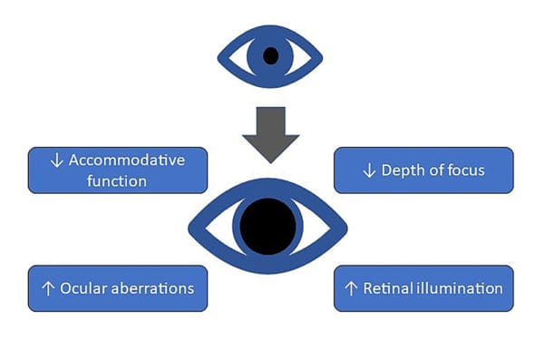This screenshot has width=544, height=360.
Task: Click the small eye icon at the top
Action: point(269,56)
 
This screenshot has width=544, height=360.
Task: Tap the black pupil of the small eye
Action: point(269,56)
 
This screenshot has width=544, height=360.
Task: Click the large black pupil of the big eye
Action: point(267,223)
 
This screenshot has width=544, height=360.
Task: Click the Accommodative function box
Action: point(118,170)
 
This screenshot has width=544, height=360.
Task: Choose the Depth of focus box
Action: point(423,170)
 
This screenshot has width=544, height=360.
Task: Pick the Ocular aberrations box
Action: point(118,288)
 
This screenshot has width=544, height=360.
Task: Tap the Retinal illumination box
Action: point(423,288)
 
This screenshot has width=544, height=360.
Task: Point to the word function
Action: point(116,180)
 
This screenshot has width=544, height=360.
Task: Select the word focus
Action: point(469,170)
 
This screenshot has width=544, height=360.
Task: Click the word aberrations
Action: point(151,288)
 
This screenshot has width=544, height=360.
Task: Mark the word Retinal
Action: point(388,288)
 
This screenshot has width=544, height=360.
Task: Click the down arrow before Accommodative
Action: point(57,161)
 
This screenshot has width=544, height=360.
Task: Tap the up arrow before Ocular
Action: point(46,288)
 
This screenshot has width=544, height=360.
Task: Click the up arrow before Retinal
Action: point(352,288)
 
